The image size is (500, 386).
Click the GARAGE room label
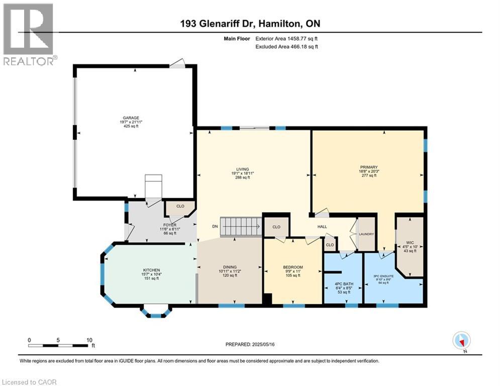click(x=133, y=118)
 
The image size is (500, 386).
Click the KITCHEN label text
click(x=152, y=270)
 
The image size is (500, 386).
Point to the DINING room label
click(x=230, y=267)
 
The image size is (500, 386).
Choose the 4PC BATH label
click(x=344, y=284)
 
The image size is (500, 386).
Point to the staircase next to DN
click(x=243, y=226)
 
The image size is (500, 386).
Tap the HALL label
click(x=322, y=227)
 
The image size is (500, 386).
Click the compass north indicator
click(x=461, y=340)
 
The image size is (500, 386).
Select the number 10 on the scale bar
click(x=88, y=340)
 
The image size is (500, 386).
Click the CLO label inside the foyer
click(x=179, y=206)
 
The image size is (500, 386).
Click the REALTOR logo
click(x=29, y=34)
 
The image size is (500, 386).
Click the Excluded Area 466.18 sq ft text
click(x=287, y=47)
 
